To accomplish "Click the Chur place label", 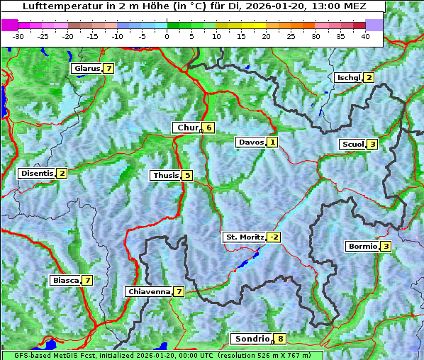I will pos(187,128).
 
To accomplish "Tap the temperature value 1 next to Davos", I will pos(272,142).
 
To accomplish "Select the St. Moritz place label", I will pos(244,237).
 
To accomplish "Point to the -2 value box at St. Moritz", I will pos(274,237).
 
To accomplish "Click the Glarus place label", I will pos(86,69).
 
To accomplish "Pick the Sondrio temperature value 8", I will pos(280,339).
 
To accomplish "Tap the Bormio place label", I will pos(362,247).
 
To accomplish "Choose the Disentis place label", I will pos(37,173).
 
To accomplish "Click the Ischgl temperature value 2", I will pos(369,77).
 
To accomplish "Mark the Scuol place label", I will pos(352,144).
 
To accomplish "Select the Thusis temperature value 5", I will pos(186,175).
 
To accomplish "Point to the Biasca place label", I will pos(65,280).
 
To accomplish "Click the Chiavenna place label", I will pos(148,291).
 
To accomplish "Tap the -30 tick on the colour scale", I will pos(18,35).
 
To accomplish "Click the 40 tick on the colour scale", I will pos(365,35).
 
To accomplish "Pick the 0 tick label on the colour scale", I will pos(167,35).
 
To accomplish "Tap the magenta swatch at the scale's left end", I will pos(10,25).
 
